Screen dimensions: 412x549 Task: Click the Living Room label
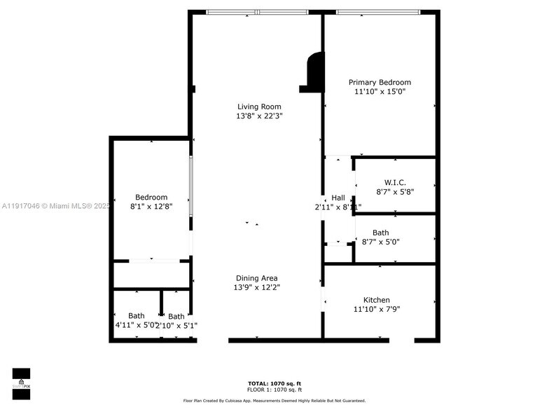[259, 107]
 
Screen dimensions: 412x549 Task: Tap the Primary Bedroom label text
[380, 82]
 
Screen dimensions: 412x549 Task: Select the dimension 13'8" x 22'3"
[259, 116]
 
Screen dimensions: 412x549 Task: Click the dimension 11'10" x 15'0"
[380, 91]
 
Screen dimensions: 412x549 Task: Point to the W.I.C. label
[395, 182]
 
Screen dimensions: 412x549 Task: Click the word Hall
[338, 198]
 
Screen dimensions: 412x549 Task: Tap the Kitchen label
[376, 300]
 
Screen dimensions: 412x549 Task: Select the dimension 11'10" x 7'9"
[376, 309]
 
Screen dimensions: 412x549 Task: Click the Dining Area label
[257, 278]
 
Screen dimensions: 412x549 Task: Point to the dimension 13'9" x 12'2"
[257, 287]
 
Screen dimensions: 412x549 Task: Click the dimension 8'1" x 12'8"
[151, 207]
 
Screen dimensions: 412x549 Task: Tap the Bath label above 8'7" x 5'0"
[380, 233]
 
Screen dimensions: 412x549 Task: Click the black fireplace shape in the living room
[313, 72]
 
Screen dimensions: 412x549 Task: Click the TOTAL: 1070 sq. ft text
[274, 383]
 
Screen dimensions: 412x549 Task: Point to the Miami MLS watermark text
[56, 206]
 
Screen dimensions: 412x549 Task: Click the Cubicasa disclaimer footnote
[274, 400]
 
